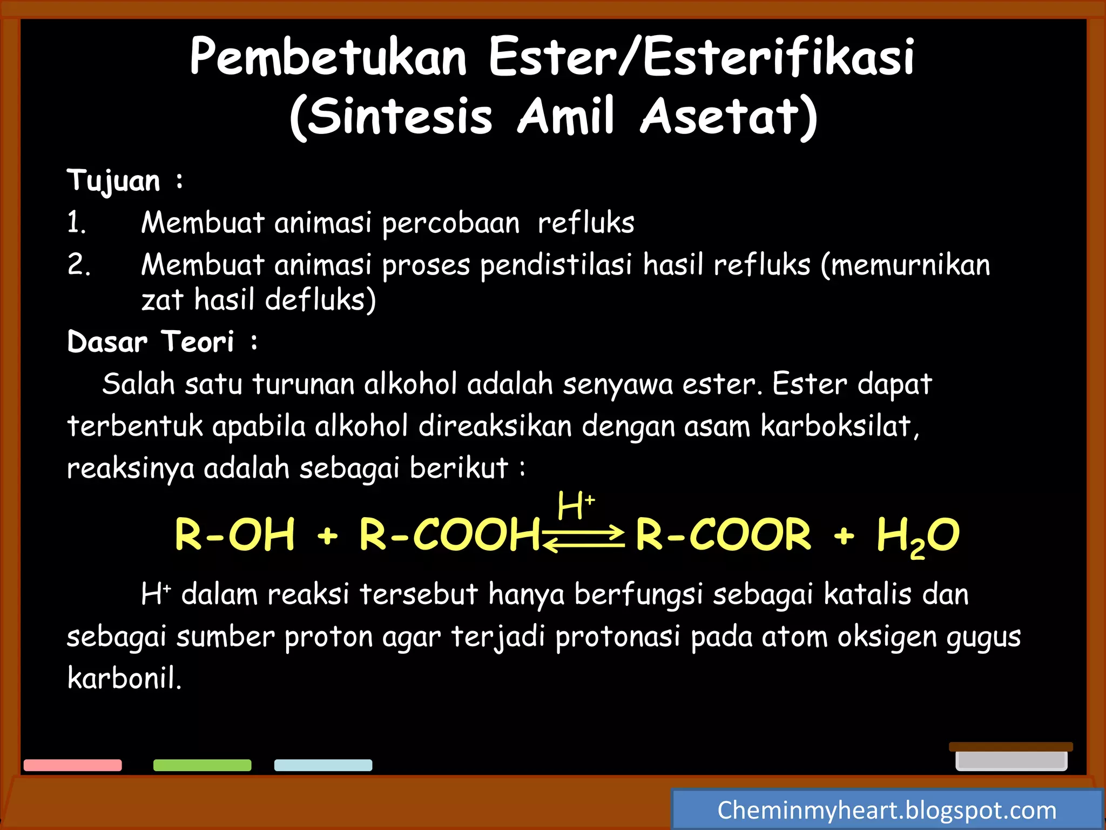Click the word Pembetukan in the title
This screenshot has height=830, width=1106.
(x=328, y=58)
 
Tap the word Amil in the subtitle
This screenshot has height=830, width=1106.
(x=566, y=116)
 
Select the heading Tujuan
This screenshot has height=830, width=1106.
(x=114, y=180)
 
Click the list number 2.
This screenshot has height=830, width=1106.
(x=79, y=265)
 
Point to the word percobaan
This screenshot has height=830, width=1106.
(x=451, y=223)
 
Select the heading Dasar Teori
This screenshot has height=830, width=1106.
(x=151, y=342)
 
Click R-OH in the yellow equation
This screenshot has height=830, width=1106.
(x=235, y=534)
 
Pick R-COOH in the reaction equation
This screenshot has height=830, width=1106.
(x=449, y=534)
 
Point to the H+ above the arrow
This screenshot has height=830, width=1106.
(x=576, y=505)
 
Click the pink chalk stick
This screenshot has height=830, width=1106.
(x=73, y=765)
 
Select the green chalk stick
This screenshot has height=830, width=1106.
(x=203, y=765)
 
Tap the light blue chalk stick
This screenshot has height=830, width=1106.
(x=323, y=765)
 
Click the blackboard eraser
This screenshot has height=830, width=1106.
(x=1011, y=757)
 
